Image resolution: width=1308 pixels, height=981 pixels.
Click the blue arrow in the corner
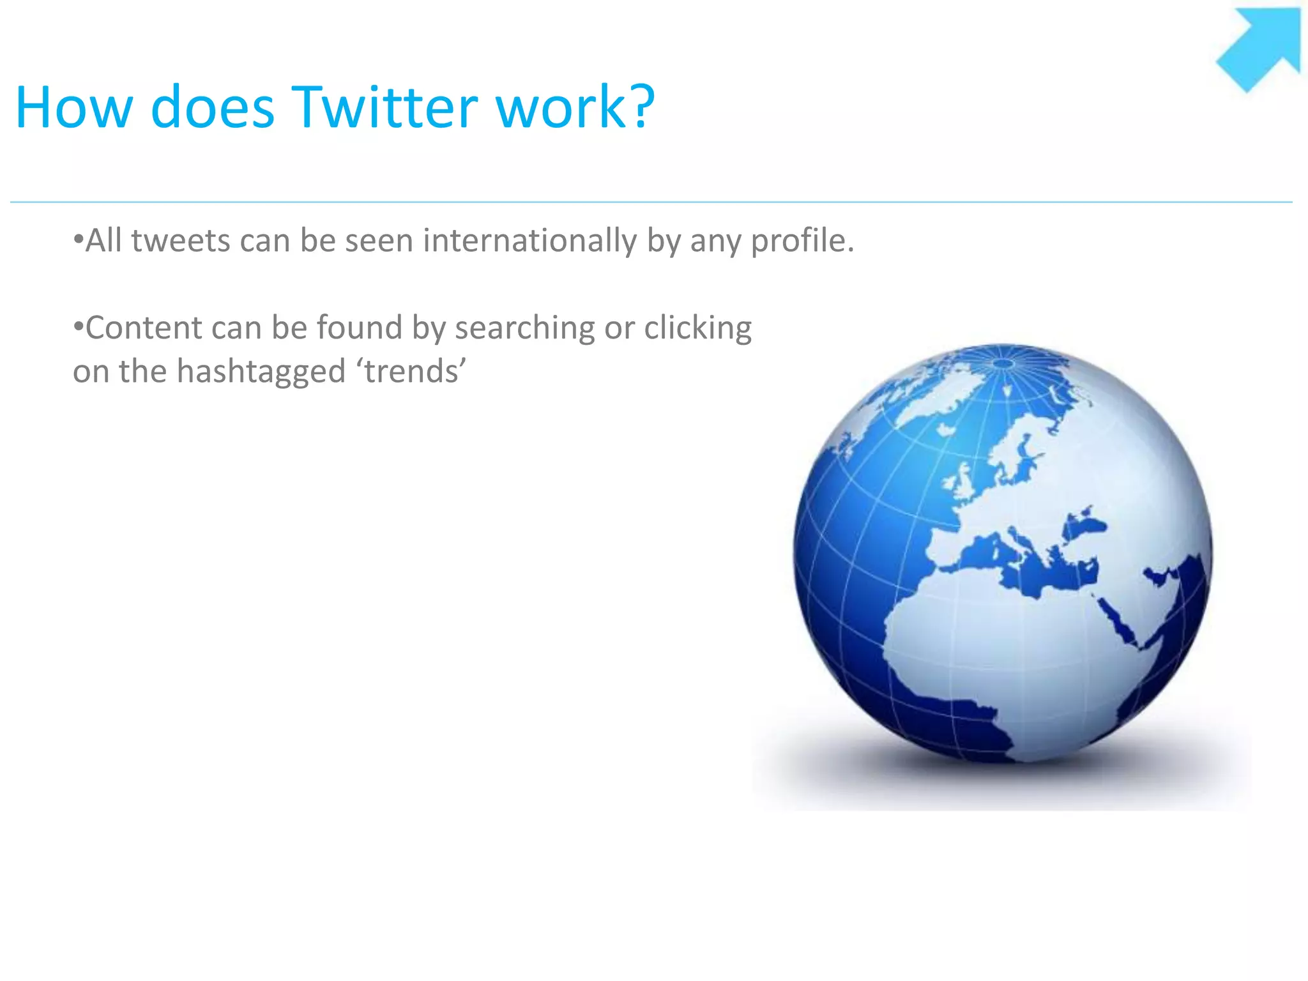(1261, 48)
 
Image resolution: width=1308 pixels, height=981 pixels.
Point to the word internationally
(529, 241)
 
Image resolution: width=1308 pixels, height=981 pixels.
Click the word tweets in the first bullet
(180, 241)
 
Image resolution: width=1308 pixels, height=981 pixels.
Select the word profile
(802, 241)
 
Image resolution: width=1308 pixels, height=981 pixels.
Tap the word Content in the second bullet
(144, 328)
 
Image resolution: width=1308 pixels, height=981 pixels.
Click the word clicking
(697, 328)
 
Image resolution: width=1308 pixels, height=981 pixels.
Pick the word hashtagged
(261, 371)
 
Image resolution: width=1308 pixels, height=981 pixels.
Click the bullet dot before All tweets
(78, 241)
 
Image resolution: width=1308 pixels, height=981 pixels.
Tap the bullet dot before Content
(78, 328)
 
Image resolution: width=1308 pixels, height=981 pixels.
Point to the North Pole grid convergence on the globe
(1003, 363)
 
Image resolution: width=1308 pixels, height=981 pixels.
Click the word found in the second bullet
(359, 328)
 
